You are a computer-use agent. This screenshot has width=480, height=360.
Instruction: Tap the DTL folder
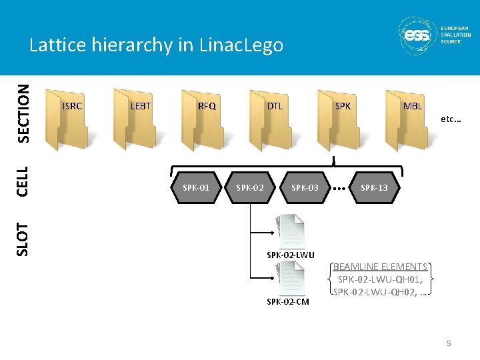(270, 120)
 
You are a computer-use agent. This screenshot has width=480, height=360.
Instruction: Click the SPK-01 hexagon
(196, 188)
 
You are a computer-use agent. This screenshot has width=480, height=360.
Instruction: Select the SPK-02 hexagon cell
(250, 188)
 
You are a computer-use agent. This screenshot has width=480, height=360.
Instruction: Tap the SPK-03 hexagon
(305, 188)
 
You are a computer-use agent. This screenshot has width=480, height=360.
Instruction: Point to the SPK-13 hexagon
(374, 188)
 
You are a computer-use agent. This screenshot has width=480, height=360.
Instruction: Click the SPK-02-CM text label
(288, 302)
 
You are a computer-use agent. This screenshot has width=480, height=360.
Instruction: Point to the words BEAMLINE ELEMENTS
(380, 267)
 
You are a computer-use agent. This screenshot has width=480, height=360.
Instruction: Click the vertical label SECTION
(23, 113)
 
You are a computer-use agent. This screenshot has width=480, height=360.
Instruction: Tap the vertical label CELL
(23, 181)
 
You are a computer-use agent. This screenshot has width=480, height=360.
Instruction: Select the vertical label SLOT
(23, 239)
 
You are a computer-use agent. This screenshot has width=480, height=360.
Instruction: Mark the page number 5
(449, 343)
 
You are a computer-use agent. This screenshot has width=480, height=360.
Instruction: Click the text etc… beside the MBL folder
(451, 120)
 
